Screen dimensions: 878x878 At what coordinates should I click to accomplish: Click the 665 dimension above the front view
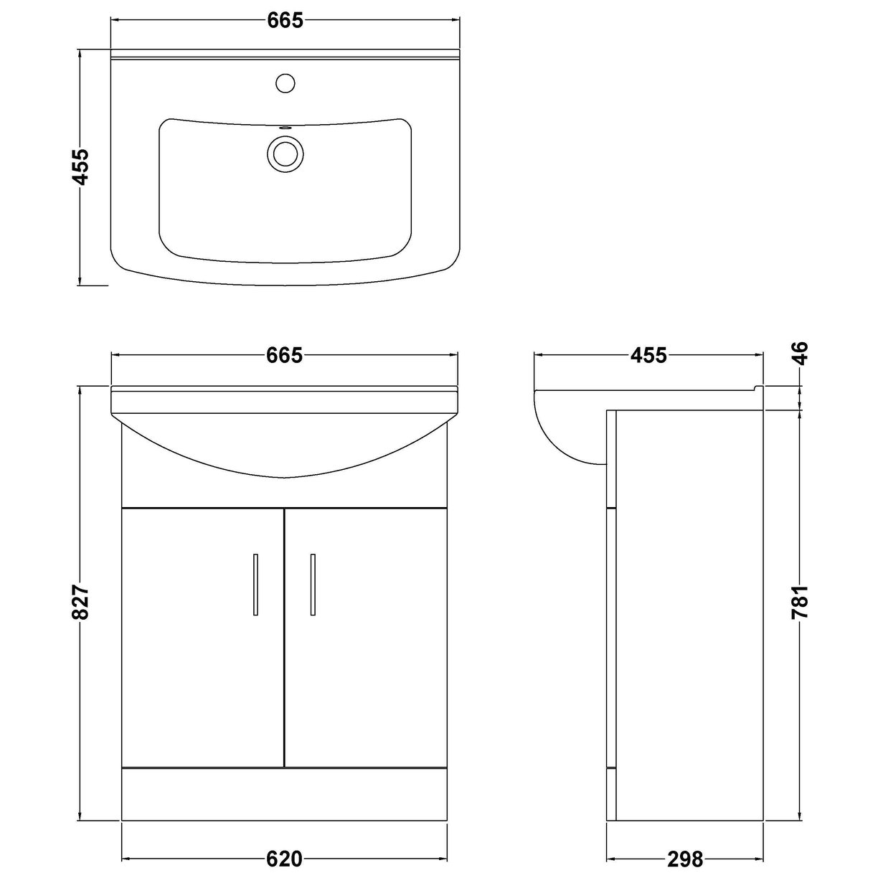[x=285, y=355]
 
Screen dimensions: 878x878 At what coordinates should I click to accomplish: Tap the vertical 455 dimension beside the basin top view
[x=80, y=166]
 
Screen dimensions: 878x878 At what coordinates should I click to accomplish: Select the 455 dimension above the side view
[x=648, y=355]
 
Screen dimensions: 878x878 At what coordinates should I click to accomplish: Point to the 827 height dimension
[x=80, y=603]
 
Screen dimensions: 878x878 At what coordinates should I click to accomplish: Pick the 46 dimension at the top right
[x=801, y=354]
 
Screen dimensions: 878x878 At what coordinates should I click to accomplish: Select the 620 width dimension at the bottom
[x=285, y=858]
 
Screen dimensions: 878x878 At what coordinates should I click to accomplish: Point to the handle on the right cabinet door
[x=313, y=584]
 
